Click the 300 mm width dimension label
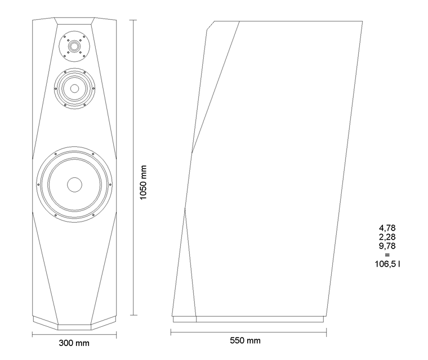coord(74,343)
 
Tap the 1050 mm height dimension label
coord(143,182)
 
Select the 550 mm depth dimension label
coord(245,340)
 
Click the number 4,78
coord(387,228)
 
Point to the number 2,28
coord(387,237)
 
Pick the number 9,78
coord(387,246)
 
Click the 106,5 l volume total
coord(387,264)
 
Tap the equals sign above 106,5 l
coord(387,255)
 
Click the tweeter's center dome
coord(74,46)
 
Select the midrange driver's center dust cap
coord(74,88)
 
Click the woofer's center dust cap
coord(74,184)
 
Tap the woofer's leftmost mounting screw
coord(38,184)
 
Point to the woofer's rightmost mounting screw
coord(110,184)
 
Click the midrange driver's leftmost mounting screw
coord(56,89)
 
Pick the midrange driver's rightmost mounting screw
coord(93,88)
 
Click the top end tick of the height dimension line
coord(133,20)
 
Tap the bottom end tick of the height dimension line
coord(133,315)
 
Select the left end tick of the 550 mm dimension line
coord(171,332)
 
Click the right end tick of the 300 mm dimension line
coord(116,334)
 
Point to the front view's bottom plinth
coord(74,323)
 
